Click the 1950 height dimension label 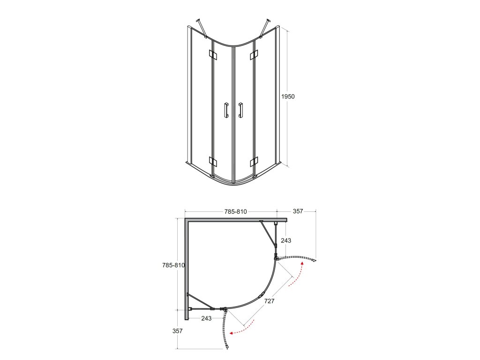[x=288, y=97]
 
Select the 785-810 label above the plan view [x=235, y=211]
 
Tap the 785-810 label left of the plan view [x=173, y=265]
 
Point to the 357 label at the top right [x=298, y=211]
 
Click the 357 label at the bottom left [x=178, y=331]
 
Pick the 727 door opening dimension [x=270, y=301]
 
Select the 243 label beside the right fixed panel [x=286, y=240]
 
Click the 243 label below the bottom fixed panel [x=206, y=318]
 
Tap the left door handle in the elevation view [x=226, y=110]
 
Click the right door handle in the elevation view [x=240, y=110]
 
